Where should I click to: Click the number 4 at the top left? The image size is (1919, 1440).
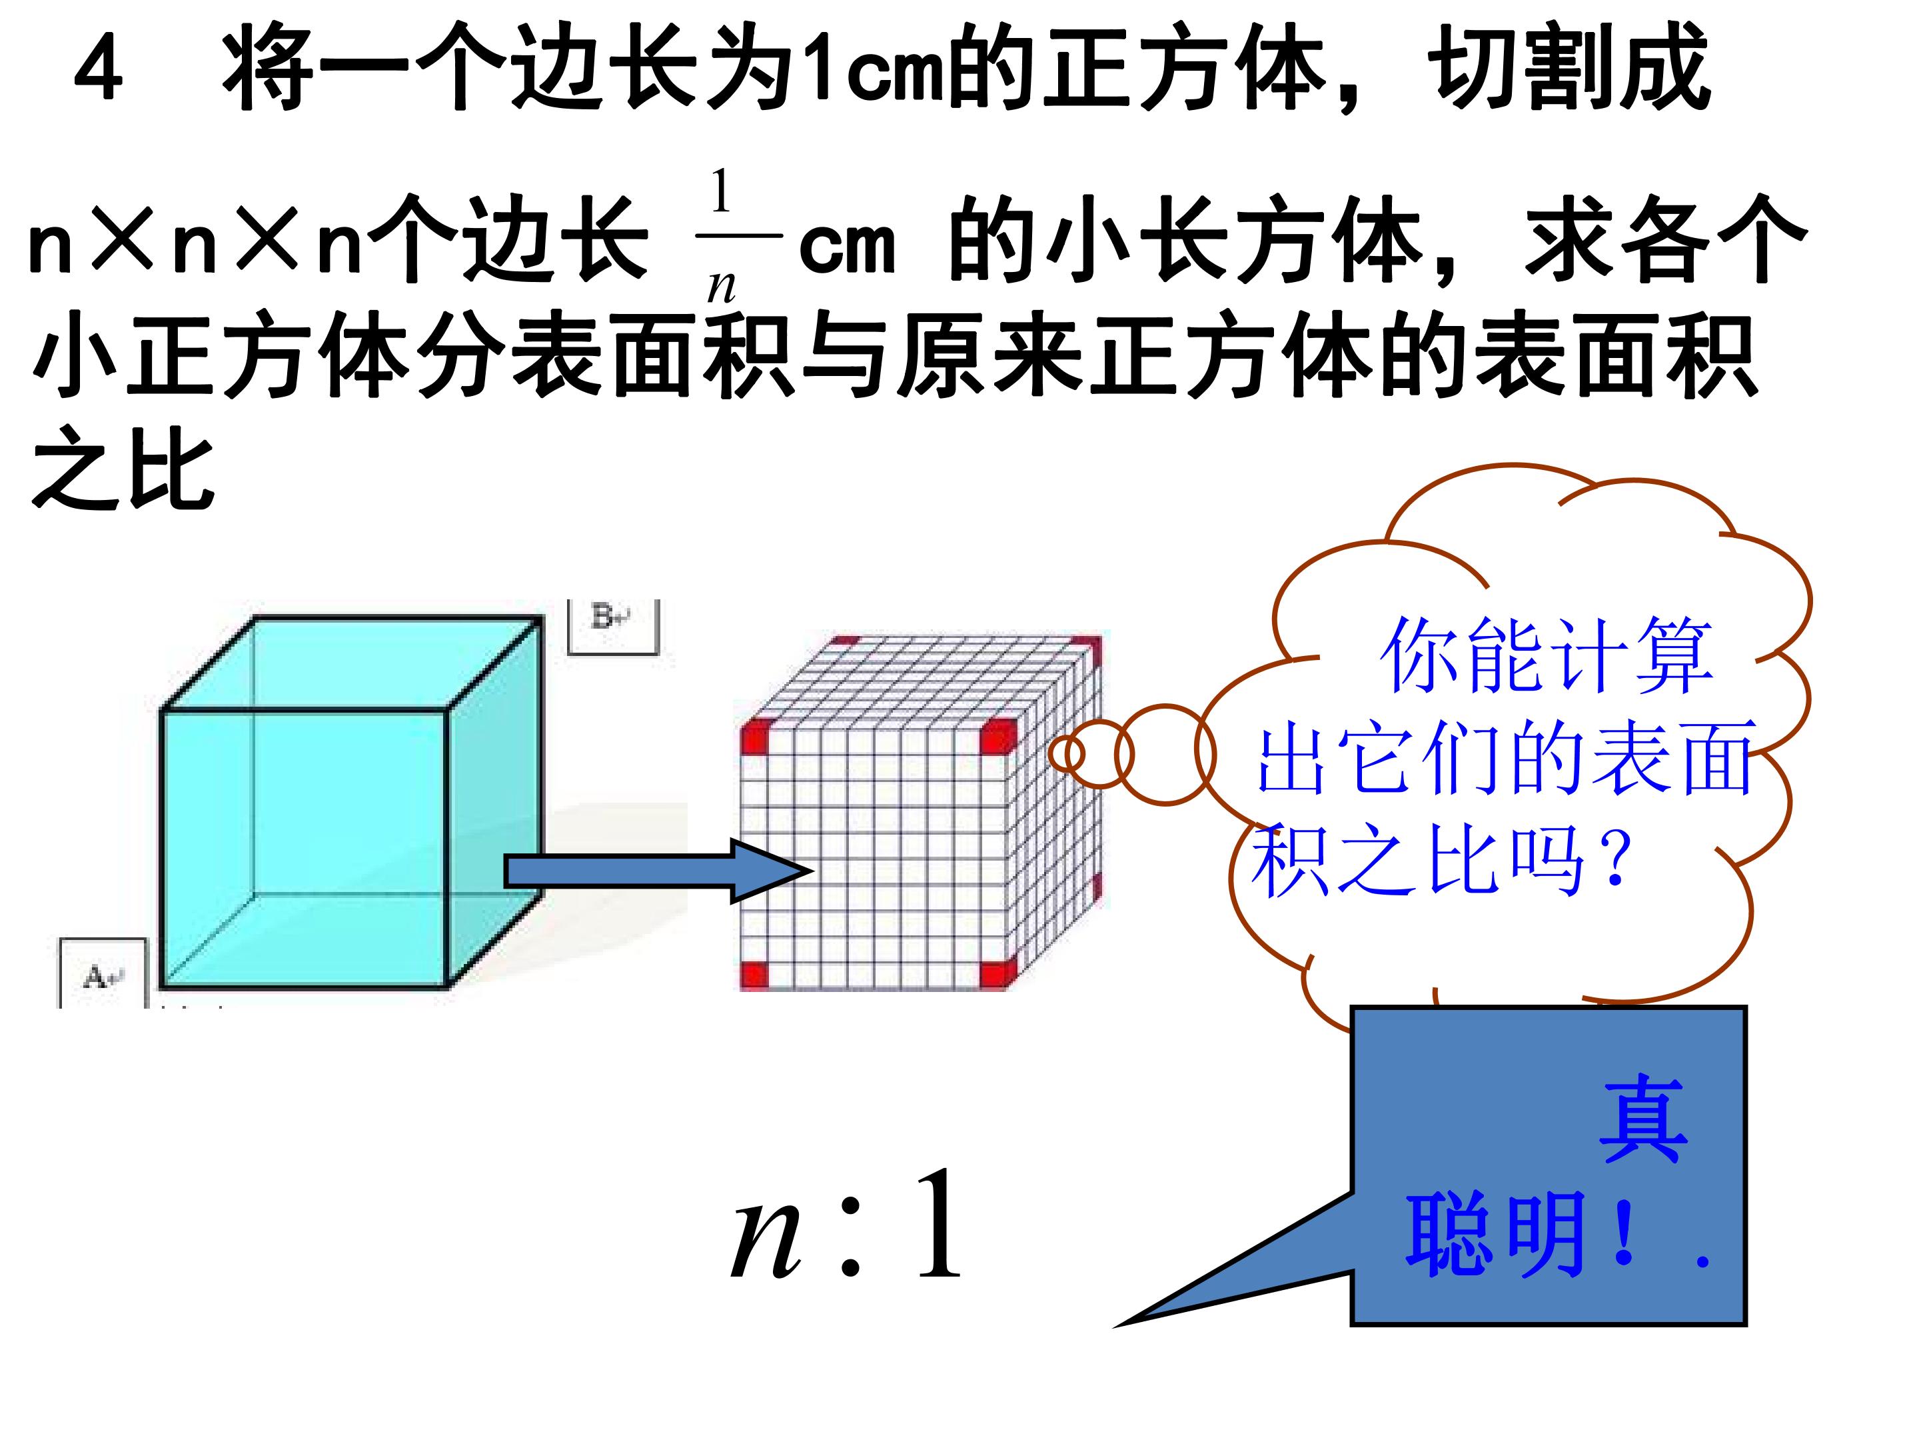pos(98,71)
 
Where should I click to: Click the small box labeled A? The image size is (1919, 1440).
pos(103,972)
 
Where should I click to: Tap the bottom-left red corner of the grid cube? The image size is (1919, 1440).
pos(755,975)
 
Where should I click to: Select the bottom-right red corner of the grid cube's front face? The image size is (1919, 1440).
pos(997,974)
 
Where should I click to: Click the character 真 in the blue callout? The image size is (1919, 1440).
pos(1643,1120)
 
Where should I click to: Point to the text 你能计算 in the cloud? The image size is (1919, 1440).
pos(1546,655)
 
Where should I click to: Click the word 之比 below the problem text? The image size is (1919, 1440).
pos(123,471)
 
